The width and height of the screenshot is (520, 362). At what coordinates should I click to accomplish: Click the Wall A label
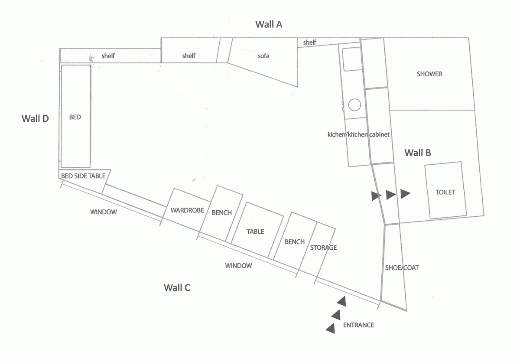(x=269, y=24)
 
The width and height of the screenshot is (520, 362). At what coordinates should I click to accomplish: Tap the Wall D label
(x=35, y=118)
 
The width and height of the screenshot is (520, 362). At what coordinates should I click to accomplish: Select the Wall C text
(x=177, y=287)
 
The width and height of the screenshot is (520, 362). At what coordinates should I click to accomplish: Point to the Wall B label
(x=417, y=153)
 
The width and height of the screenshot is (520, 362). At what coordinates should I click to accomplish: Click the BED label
(x=75, y=117)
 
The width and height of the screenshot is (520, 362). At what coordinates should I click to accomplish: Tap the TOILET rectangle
(x=445, y=192)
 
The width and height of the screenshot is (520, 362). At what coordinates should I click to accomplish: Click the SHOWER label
(x=429, y=74)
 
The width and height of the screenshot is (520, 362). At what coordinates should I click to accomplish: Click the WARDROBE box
(x=187, y=210)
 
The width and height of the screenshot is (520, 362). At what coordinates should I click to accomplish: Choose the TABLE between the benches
(x=255, y=232)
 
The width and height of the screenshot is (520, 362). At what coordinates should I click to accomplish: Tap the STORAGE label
(x=323, y=248)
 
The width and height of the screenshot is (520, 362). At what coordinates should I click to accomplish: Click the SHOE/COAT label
(x=402, y=268)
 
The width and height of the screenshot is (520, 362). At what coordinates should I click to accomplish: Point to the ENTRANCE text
(x=358, y=325)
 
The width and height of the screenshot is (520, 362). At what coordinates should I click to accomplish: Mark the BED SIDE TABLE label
(x=83, y=176)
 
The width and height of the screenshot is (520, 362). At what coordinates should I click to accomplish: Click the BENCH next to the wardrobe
(x=221, y=212)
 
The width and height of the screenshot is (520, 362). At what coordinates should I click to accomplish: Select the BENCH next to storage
(x=295, y=242)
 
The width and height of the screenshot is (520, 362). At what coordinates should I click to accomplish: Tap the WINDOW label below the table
(x=238, y=266)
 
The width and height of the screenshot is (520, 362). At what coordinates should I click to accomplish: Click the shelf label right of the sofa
(x=309, y=42)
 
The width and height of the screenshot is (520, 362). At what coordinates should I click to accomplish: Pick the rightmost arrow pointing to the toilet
(x=405, y=194)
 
